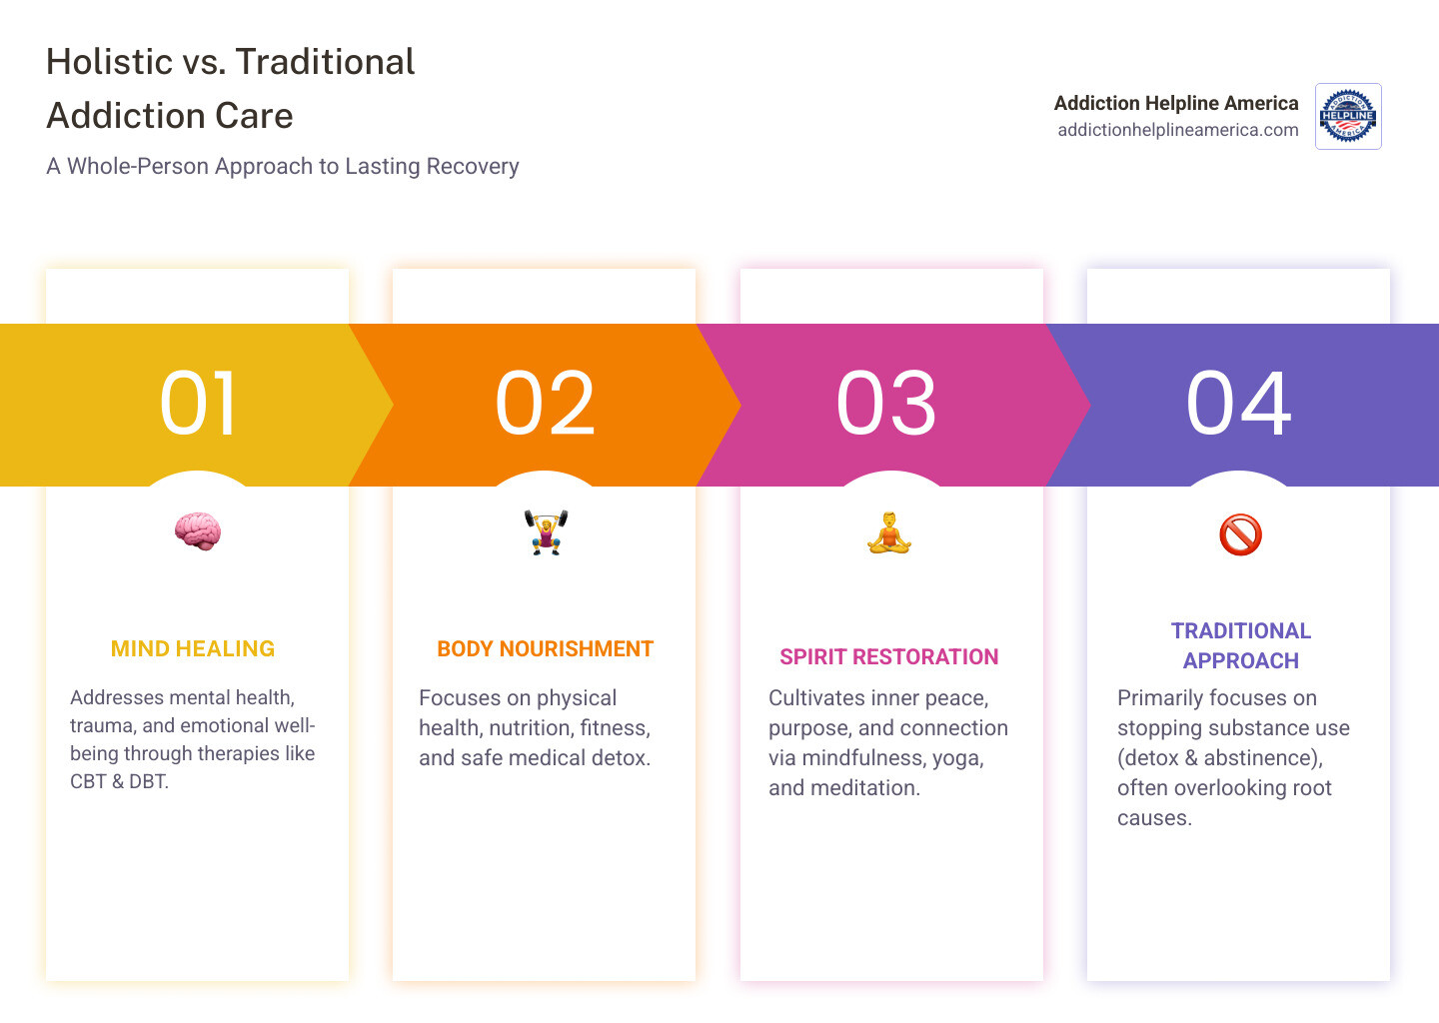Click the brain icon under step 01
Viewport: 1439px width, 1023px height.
(x=197, y=530)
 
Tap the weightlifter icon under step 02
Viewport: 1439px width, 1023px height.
(x=546, y=531)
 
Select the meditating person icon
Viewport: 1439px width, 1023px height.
(x=889, y=532)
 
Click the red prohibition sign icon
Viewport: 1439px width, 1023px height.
(x=1240, y=534)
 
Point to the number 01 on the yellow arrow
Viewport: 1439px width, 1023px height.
(x=199, y=404)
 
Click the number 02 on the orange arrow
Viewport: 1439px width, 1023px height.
(x=546, y=404)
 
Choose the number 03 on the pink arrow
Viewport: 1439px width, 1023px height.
(x=886, y=404)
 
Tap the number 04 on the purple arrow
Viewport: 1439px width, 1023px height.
(x=1239, y=404)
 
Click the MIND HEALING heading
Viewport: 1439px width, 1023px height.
(x=193, y=648)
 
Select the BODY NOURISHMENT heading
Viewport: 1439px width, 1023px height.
(x=545, y=648)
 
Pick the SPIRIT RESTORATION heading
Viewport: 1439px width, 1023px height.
(x=888, y=656)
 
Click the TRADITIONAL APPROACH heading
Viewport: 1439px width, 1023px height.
(x=1240, y=645)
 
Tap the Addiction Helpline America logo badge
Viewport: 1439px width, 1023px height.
(x=1348, y=116)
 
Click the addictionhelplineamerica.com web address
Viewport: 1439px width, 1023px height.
(x=1178, y=130)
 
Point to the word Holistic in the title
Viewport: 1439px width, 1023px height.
(x=110, y=62)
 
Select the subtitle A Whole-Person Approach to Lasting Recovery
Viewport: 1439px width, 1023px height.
(x=283, y=166)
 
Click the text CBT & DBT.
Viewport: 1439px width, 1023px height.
(x=119, y=781)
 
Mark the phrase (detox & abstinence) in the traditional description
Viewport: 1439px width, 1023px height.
(x=1219, y=757)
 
